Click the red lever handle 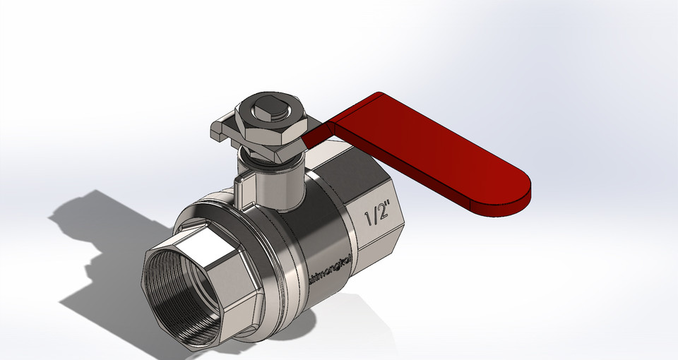click(424, 148)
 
